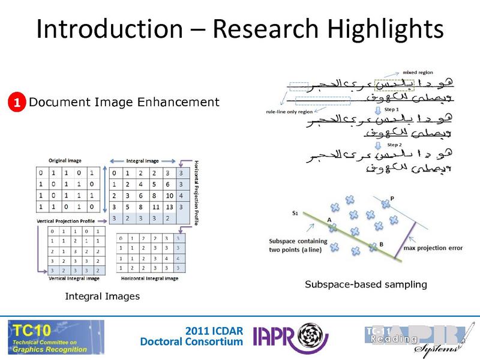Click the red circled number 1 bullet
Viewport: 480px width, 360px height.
[17, 103]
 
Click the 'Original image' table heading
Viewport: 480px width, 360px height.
[66, 161]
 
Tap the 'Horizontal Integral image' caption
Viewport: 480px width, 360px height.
[149, 278]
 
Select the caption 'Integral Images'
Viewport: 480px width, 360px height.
[102, 296]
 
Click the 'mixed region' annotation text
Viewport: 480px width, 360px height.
[400, 71]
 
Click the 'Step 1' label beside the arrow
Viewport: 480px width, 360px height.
[392, 110]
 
